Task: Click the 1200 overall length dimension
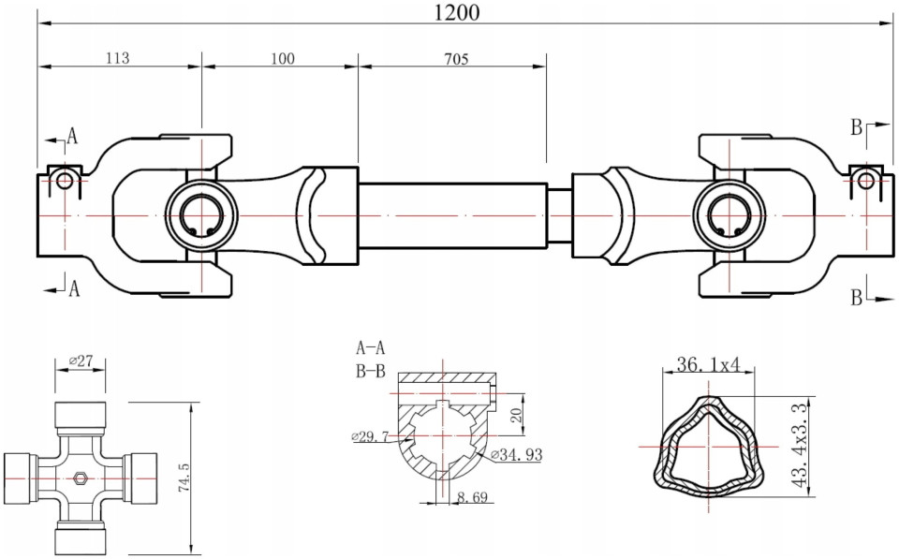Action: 458,12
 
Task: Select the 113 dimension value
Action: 118,58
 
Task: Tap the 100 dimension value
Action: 282,58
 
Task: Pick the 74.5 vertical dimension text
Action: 184,478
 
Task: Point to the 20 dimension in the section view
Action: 514,416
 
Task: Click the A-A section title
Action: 370,348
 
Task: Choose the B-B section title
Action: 370,371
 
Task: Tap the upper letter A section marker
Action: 71,137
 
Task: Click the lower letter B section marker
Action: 856,298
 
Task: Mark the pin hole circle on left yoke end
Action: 64,181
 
